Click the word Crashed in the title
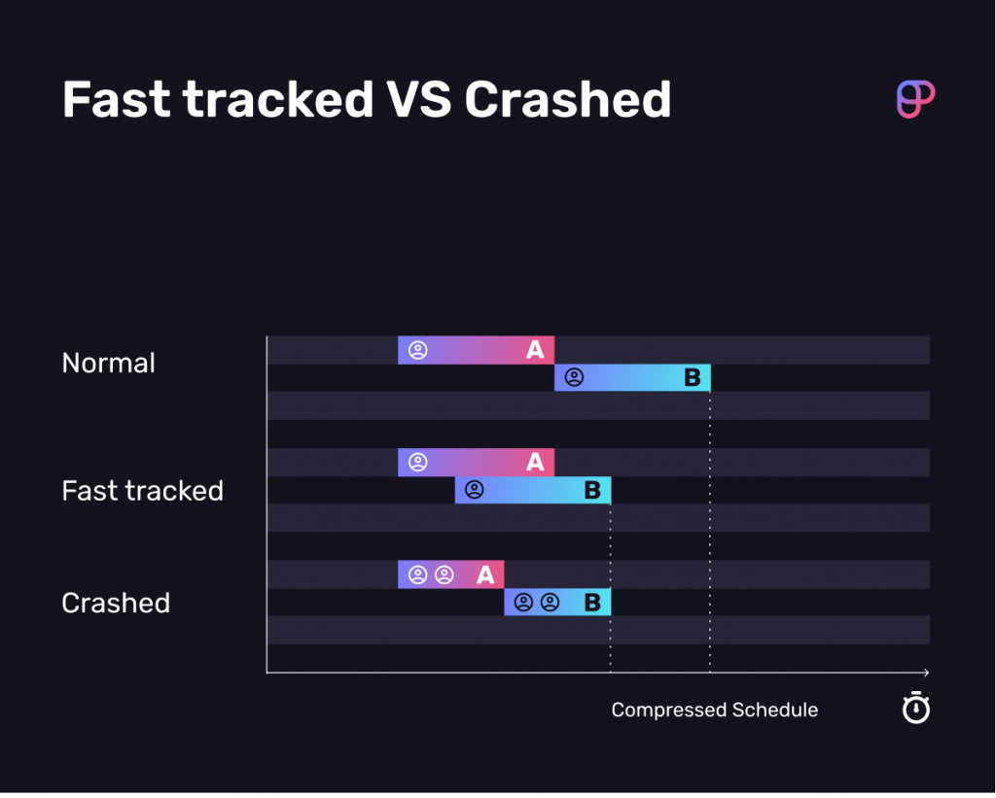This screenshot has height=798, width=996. tap(567, 99)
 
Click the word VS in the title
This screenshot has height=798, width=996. tap(418, 99)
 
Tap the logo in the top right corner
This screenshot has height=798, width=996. tap(914, 99)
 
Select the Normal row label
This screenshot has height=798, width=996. tap(108, 364)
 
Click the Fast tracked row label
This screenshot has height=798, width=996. tap(142, 491)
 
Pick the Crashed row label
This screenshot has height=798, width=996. tap(116, 603)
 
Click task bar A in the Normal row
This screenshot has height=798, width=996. tap(476, 350)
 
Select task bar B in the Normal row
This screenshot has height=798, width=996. tap(632, 378)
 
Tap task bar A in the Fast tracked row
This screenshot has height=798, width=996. tap(476, 463)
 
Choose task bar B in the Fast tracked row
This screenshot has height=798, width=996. tap(532, 491)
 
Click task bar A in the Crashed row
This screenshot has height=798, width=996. tap(450, 574)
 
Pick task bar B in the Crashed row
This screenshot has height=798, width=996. tap(556, 603)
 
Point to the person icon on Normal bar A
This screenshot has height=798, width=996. tap(417, 350)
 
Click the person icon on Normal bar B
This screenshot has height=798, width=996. tap(574, 378)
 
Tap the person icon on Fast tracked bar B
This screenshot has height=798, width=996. tap(474, 491)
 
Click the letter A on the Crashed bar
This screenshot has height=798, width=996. tap(485, 575)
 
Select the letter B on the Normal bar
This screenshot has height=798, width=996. tap(692, 378)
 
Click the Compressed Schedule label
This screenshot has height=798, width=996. tap(714, 710)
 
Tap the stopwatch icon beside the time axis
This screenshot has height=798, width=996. tap(915, 709)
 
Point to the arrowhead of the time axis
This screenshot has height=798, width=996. tap(926, 673)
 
